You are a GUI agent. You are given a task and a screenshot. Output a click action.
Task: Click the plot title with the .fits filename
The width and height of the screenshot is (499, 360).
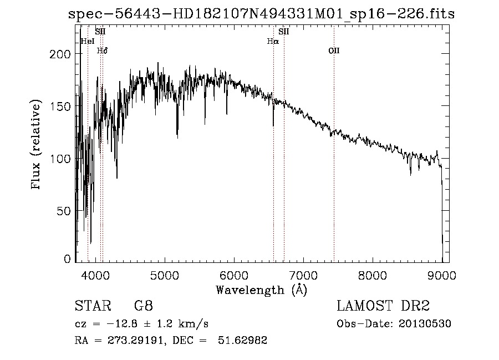tap(261, 14)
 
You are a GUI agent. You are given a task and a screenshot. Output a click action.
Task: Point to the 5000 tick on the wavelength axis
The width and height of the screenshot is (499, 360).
tap(164, 275)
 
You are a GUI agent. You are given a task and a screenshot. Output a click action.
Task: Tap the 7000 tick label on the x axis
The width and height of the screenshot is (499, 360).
tap(303, 275)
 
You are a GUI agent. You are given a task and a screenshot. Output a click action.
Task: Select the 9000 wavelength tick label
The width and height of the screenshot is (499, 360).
tap(441, 275)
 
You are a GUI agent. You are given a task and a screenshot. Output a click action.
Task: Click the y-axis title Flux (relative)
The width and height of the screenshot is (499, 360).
tap(37, 145)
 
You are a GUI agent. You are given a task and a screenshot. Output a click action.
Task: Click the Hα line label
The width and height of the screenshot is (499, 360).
tap(272, 41)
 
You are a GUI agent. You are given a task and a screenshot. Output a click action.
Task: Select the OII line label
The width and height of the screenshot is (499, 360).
tap(333, 50)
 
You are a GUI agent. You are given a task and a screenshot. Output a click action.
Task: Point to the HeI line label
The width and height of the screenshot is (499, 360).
tap(88, 41)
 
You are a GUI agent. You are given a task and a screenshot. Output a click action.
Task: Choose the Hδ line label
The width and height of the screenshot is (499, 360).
tap(102, 50)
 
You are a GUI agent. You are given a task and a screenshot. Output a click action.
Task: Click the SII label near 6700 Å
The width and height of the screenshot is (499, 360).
tap(284, 32)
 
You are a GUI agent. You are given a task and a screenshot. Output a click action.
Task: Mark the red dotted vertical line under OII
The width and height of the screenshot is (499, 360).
tap(334, 166)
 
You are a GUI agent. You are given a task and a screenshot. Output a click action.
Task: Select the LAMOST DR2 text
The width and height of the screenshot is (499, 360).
tap(383, 306)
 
